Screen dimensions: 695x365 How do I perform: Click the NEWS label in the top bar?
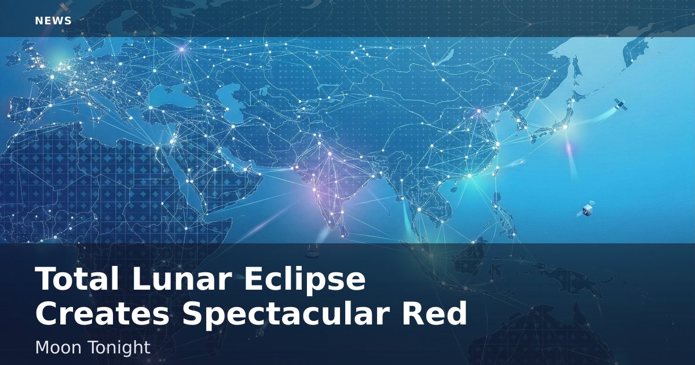coord(53,21)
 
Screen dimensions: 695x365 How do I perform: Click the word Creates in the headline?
coord(102,313)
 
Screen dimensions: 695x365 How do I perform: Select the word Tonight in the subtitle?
coord(116,348)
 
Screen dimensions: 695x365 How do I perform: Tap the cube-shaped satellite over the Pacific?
coord(586,210)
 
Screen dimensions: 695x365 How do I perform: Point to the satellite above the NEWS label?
coord(64,7)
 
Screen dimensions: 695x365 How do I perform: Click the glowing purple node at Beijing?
coord(479,111)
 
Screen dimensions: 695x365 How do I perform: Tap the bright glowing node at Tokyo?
coord(565,127)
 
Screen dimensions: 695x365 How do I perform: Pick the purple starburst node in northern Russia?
coord(182,49)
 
